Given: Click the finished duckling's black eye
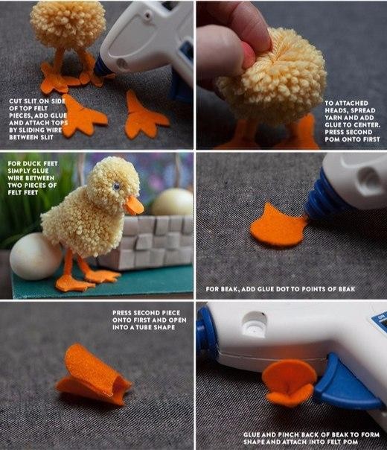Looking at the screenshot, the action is pos(116,187).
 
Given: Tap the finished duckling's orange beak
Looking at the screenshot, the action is pos(134,206).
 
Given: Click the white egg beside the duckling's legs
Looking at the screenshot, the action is pos(35,256).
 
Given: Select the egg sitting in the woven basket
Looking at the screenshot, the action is pos(172,203).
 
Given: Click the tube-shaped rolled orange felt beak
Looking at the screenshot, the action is pos(93,375).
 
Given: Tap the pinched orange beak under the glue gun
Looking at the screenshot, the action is pos(290,382).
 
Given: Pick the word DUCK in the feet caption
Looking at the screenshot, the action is pos(32,164).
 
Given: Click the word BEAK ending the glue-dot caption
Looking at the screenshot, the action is pos(347,289).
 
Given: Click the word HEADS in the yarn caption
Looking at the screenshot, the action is pos(336,110).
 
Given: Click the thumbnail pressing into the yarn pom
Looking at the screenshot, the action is pos(248,55).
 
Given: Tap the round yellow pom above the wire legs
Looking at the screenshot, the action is pos(68,25).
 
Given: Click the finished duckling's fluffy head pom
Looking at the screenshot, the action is pos(113,181).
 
